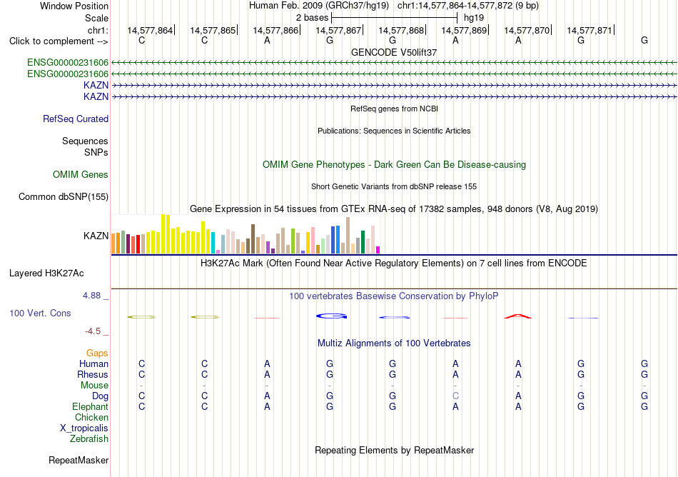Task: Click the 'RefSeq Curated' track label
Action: click(76, 119)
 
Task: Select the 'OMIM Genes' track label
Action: click(81, 175)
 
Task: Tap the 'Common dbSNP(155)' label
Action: click(64, 197)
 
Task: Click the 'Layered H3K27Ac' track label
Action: click(46, 273)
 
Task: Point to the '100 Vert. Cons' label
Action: click(40, 313)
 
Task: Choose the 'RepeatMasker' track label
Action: click(79, 460)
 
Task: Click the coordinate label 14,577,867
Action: click(338, 30)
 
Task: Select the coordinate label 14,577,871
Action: click(590, 30)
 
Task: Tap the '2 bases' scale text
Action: click(312, 18)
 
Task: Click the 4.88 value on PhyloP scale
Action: click(91, 296)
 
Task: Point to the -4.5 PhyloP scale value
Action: click(93, 331)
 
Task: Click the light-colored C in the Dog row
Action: click(455, 396)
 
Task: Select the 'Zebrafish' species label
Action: click(89, 439)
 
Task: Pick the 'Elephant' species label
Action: click(91, 407)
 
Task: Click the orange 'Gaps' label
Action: click(97, 353)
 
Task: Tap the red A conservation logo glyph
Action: click(518, 316)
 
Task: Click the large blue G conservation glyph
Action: click(332, 316)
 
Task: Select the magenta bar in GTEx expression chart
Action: click(378, 250)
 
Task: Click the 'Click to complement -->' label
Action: click(59, 41)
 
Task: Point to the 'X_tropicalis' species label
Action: click(84, 428)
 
